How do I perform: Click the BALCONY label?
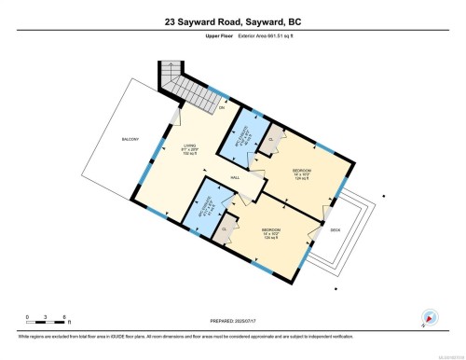coord(130,140)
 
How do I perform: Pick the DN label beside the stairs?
coord(222,109)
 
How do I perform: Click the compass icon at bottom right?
coord(430,316)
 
